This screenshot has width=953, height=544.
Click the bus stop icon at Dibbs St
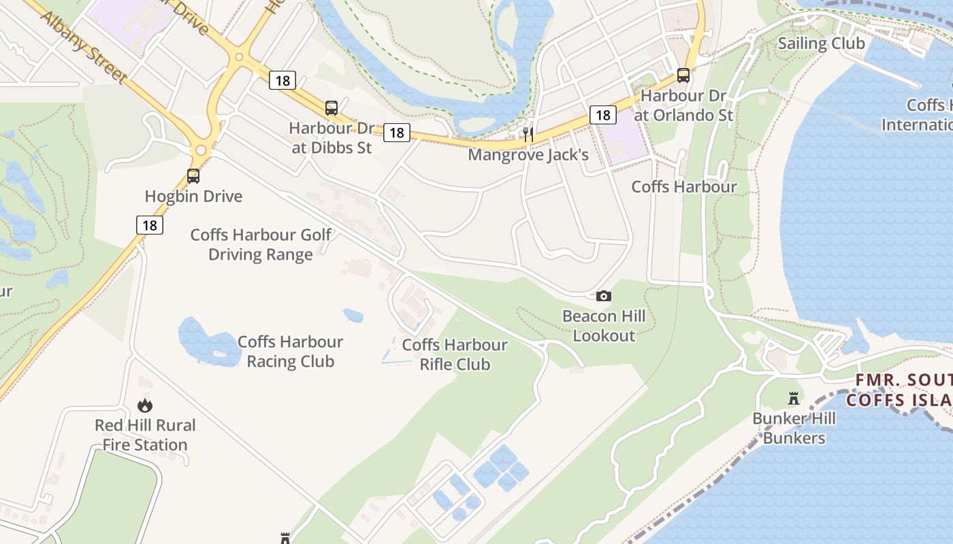click(332, 107)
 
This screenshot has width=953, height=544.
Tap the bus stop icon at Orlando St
click(683, 75)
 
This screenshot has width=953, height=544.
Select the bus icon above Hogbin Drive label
click(193, 176)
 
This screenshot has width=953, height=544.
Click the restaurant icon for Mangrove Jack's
click(528, 135)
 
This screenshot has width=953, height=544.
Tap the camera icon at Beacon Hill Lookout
click(604, 296)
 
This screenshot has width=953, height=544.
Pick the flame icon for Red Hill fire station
click(144, 406)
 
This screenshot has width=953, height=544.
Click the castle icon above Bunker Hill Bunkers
click(793, 398)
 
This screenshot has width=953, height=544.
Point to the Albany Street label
click(84, 46)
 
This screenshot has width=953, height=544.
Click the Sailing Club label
click(821, 44)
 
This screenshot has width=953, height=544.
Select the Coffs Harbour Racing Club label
click(290, 352)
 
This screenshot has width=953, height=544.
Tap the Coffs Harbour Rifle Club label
click(455, 354)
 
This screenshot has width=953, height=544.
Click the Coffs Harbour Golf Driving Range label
click(261, 245)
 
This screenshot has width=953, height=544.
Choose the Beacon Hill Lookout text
click(604, 326)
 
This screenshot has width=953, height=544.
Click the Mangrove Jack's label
click(528, 155)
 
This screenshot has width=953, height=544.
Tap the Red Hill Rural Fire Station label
click(145, 435)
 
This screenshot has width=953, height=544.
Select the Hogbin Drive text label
click(193, 197)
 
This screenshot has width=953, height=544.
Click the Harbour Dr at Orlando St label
click(683, 105)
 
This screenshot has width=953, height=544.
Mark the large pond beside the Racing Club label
click(204, 340)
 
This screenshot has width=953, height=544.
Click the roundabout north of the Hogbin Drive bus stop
click(201, 150)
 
